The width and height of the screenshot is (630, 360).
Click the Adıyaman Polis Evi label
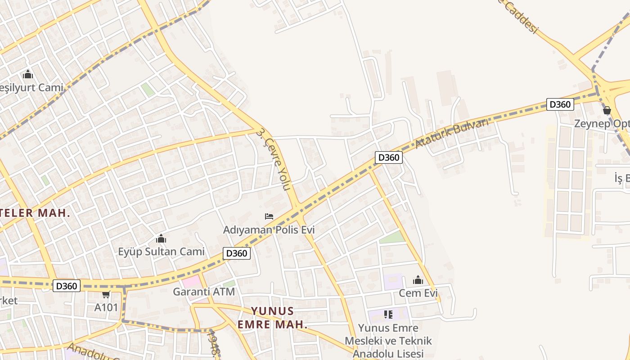269,229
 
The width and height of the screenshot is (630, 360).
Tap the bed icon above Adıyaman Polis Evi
269,216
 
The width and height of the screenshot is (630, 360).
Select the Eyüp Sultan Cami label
161,252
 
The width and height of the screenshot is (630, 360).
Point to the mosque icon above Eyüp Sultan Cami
161,239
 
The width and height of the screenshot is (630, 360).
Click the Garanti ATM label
204,292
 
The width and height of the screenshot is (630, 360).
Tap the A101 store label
106,307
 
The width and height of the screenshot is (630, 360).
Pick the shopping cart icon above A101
106,295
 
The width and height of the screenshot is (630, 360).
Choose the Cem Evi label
418,293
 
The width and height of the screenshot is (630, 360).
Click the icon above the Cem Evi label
418,280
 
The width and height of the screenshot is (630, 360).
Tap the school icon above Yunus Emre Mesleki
388,315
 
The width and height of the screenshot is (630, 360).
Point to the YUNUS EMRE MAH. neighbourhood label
272,318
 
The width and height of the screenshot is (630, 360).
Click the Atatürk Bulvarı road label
451,134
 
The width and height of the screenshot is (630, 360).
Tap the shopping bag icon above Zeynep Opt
607,110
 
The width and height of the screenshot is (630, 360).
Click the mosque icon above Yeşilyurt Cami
28,75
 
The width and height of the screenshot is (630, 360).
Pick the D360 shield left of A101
67,285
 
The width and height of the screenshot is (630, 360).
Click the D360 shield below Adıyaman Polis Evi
237,253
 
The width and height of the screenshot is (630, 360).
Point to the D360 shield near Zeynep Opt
560,104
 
